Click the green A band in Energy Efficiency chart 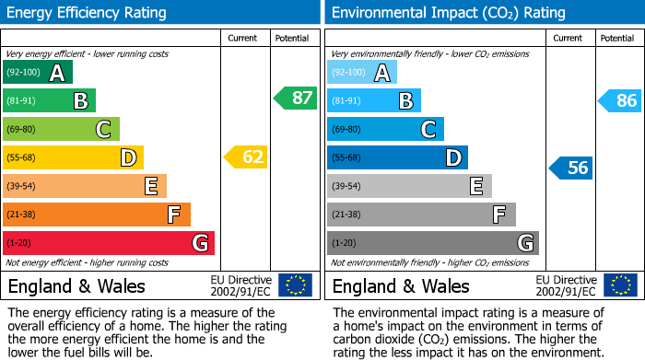point(38,73)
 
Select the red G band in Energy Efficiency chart point(109,243)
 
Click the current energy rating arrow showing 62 point(246,157)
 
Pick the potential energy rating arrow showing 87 point(296,98)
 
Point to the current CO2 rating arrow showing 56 point(570,168)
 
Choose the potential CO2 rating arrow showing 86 point(619,101)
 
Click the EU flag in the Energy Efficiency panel point(295,285)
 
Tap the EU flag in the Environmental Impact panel point(619,285)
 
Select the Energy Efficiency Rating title point(88,13)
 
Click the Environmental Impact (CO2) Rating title point(448,13)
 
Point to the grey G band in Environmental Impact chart point(433,243)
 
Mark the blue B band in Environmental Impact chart point(374,101)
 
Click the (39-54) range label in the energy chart point(21,186)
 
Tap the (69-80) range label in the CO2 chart point(346,130)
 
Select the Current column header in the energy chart point(242,38)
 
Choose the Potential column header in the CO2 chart point(616,38)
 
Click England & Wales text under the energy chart point(76,286)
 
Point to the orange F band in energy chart point(97,215)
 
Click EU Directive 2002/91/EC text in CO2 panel point(566,285)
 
